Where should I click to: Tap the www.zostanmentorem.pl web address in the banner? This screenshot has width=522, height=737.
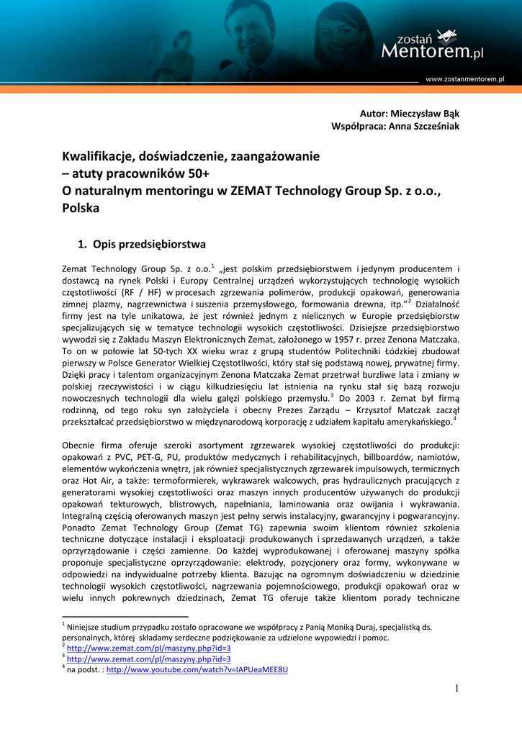tap(464, 78)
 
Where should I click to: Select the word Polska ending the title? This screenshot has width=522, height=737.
tap(80, 208)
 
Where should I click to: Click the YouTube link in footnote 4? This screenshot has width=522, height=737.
tap(197, 669)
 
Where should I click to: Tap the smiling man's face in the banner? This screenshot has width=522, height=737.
tap(256, 22)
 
